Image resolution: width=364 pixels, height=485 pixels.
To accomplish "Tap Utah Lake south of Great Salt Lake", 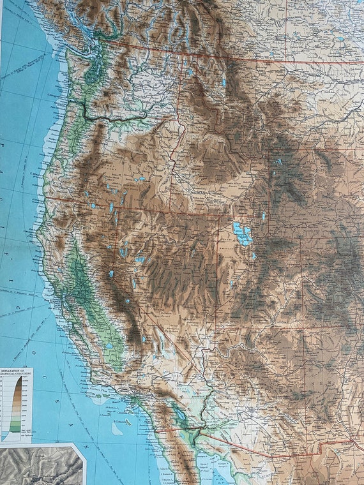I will [254, 256].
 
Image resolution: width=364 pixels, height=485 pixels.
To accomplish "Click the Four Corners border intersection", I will [304, 331].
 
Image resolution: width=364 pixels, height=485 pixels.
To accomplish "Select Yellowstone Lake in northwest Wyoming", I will [278, 161].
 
